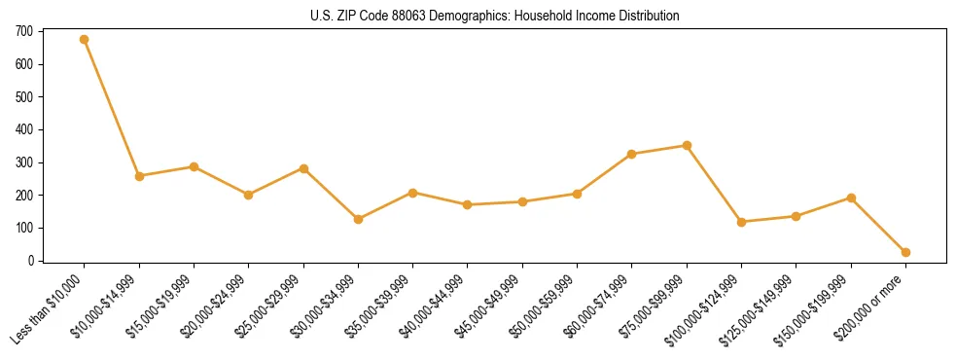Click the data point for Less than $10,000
pos(85,40)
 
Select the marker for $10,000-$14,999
pos(139,176)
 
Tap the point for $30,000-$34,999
pos(358,219)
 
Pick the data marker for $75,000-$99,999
pos(687,145)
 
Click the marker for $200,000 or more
pos(905,252)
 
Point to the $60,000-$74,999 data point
pos(632,154)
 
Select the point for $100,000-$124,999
pos(741,222)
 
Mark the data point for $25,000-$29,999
pos(303,168)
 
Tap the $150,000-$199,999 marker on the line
pos(851,198)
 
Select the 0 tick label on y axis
pos(32,261)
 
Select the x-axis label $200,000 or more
pos(871,307)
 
